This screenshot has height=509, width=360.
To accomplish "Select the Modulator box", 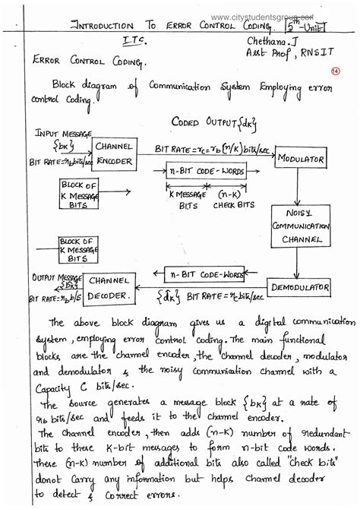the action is point(300,160).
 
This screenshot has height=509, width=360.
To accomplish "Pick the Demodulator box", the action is point(300,288).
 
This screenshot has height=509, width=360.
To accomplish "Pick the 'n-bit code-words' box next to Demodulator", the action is point(201,273).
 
